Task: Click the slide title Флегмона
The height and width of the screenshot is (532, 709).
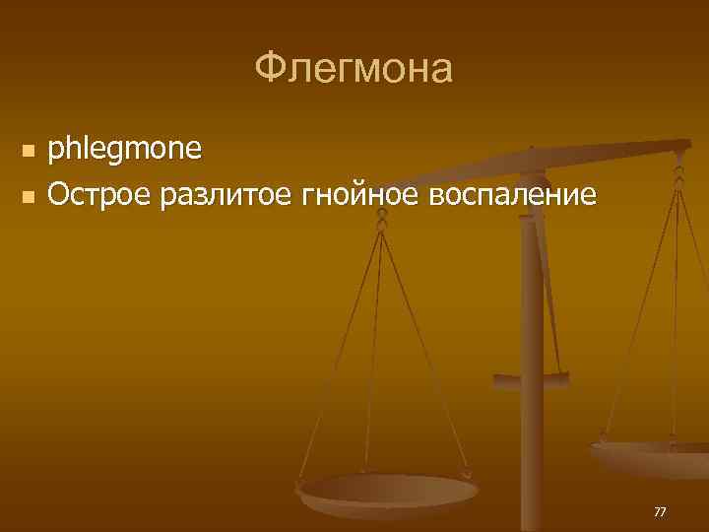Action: tap(354, 69)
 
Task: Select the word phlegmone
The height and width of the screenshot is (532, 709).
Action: tap(124, 150)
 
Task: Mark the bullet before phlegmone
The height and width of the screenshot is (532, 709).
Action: tap(28, 152)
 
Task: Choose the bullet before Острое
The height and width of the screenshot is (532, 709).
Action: tap(28, 196)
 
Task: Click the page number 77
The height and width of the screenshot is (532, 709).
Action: tap(660, 511)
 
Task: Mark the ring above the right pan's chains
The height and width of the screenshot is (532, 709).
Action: tap(678, 177)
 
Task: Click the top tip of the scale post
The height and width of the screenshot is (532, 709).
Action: tap(531, 150)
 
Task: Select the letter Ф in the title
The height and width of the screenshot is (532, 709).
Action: tap(269, 69)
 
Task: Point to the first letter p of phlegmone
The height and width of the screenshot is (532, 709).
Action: tap(56, 152)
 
